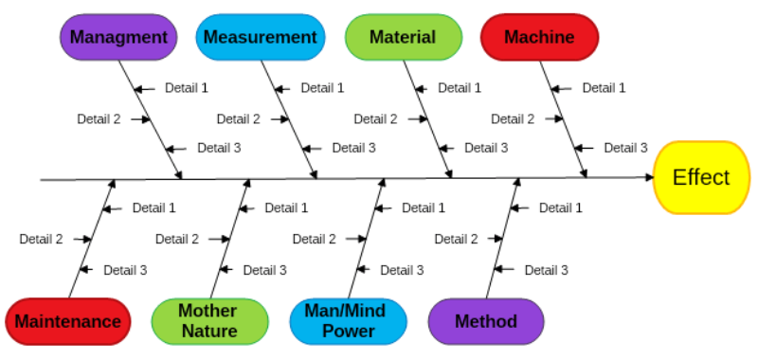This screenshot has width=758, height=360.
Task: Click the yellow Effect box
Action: (701, 177)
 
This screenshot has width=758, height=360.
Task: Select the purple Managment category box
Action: (118, 38)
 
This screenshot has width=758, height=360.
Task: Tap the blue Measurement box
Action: (260, 38)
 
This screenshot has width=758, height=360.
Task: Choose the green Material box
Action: (403, 38)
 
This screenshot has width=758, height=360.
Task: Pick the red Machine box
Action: (539, 38)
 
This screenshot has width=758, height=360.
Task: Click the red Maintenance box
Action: (68, 321)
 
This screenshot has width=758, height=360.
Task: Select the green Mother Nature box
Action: (208, 321)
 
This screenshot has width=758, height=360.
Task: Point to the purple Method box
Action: (486, 321)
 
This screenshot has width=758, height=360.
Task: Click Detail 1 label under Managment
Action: (187, 88)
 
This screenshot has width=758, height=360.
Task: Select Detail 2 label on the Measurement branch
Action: (238, 119)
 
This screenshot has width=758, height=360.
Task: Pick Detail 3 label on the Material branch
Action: (486, 148)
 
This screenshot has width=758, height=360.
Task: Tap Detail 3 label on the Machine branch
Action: (625, 148)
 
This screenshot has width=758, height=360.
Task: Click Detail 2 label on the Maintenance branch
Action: (41, 240)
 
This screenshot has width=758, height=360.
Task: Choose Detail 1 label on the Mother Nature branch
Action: (286, 207)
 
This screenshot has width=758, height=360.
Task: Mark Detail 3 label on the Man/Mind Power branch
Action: (402, 270)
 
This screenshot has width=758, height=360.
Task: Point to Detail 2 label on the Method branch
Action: (456, 240)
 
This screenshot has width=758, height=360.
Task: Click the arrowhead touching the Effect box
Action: (648, 178)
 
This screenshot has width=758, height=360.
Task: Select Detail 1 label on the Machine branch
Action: (604, 88)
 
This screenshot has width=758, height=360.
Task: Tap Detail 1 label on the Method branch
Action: (560, 207)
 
